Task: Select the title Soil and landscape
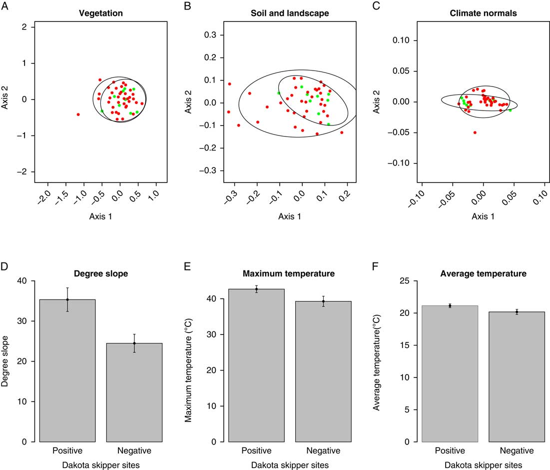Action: [x=290, y=13]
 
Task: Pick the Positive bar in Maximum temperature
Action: [x=256, y=365]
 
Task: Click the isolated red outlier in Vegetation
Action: [x=78, y=114]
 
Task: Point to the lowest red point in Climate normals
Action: [x=475, y=132]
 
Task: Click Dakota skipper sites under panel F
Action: [x=482, y=465]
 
